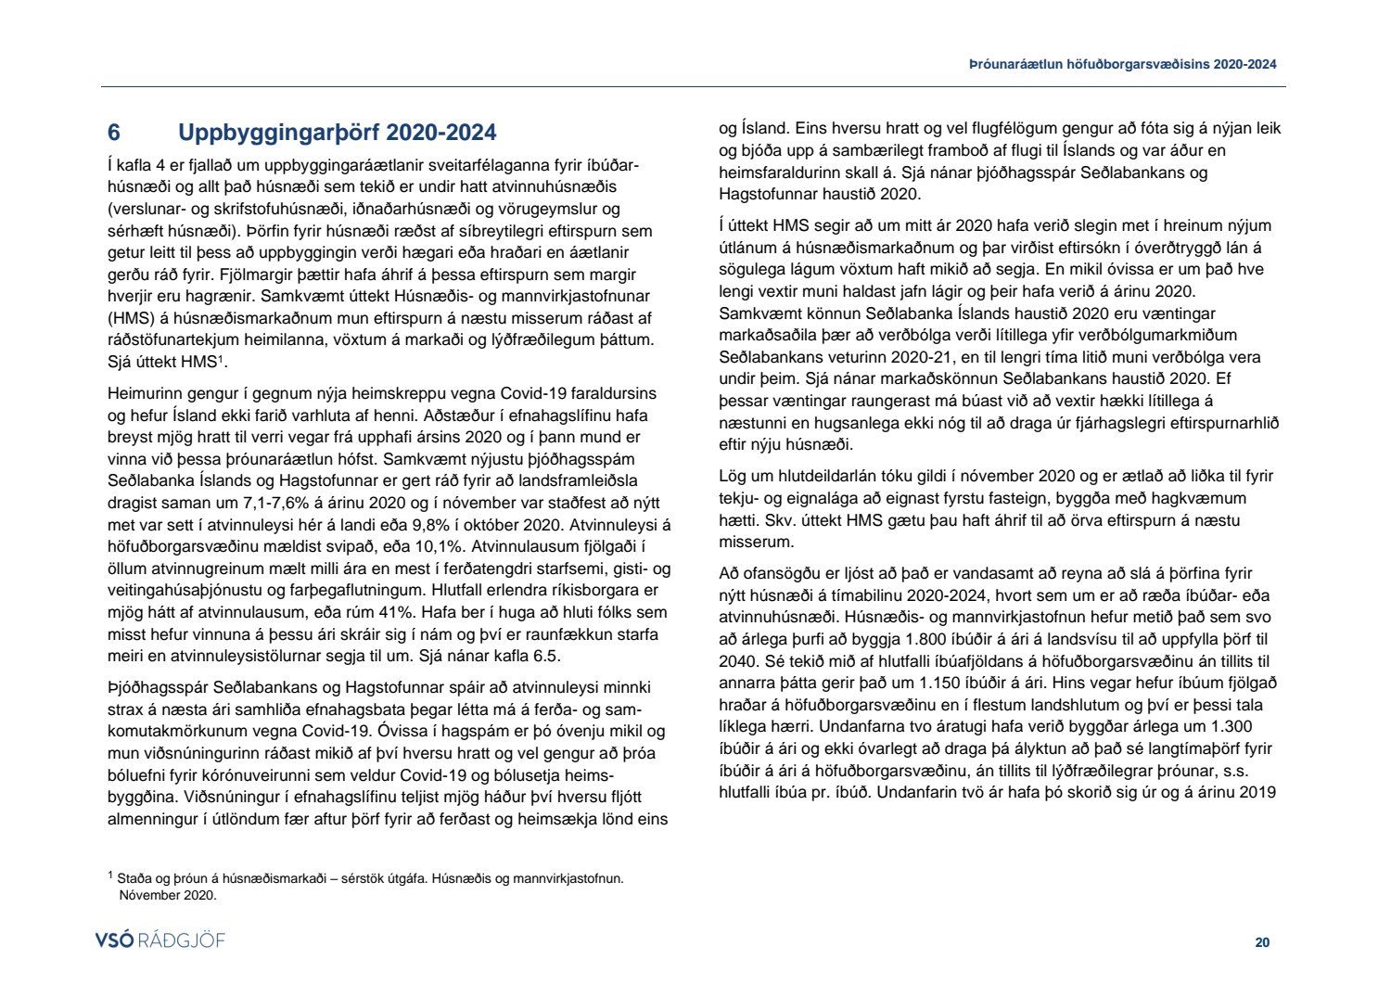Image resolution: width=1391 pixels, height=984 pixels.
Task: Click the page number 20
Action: (x=1262, y=942)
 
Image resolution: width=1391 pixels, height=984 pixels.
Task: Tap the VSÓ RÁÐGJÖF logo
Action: (x=160, y=940)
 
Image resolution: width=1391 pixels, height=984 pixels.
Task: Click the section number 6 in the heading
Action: (x=114, y=133)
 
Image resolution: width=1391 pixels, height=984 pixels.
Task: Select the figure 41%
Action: (x=395, y=612)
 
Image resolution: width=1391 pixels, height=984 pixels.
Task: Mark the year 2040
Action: (x=737, y=661)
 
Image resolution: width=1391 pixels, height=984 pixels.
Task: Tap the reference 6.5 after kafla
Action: (x=547, y=656)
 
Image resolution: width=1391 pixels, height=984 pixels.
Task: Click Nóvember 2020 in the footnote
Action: (x=168, y=895)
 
